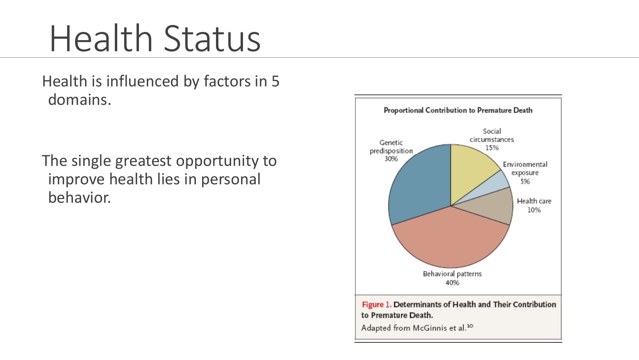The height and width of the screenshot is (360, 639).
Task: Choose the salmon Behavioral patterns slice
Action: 451,240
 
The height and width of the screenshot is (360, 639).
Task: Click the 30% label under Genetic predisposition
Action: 391,159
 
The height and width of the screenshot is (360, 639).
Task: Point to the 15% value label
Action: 492,148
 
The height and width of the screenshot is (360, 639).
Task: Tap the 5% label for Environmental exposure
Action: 525,181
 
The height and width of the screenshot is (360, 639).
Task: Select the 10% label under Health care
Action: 534,210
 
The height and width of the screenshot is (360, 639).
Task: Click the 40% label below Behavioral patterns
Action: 453,283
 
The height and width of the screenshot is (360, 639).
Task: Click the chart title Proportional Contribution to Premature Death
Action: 458,110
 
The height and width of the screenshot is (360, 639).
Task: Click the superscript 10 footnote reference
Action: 470,326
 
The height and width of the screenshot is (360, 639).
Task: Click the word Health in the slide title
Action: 101,38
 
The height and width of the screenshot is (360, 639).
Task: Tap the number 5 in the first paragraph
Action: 275,81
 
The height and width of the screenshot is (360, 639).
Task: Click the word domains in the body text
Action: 80,100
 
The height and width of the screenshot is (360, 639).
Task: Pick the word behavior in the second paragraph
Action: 79,197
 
